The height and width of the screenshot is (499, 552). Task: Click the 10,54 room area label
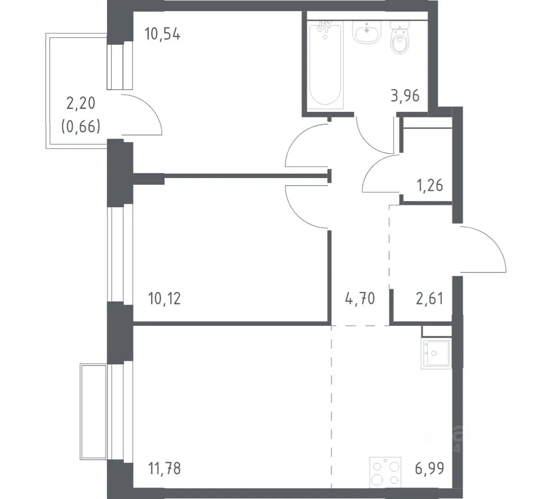point(163,35)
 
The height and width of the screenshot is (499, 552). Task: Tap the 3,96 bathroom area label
point(405,95)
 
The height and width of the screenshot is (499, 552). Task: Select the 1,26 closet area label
point(430,185)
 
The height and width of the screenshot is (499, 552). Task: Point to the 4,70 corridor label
point(360,299)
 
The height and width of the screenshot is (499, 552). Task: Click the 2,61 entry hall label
point(430,299)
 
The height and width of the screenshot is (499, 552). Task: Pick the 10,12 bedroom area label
point(165,299)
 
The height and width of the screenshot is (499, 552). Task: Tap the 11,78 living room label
point(165,469)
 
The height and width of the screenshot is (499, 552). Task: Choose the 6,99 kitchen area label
point(430,469)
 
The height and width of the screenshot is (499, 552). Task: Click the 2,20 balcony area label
point(81,104)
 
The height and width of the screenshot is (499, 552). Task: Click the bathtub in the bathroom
point(325,64)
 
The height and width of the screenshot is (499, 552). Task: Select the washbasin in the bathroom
point(366,32)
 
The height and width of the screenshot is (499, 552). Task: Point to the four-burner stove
point(385,472)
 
